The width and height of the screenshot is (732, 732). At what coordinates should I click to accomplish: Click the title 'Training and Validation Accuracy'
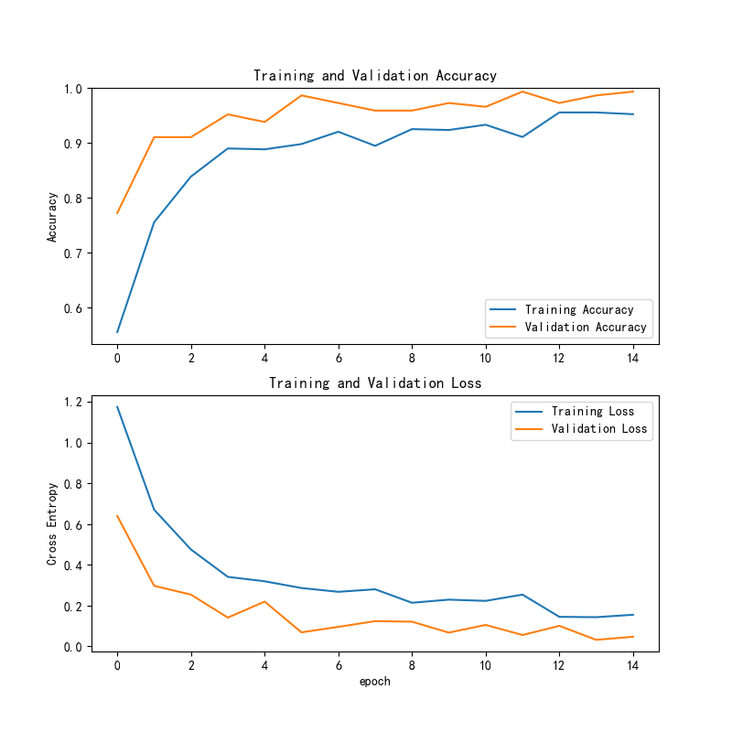(x=375, y=76)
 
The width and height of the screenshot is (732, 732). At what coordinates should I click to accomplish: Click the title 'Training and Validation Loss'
(x=375, y=382)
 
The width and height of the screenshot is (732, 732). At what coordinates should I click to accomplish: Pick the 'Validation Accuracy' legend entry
(x=585, y=327)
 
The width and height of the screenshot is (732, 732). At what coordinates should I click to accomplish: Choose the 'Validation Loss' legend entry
(x=598, y=428)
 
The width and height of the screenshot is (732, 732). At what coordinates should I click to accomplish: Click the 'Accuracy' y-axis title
(x=53, y=216)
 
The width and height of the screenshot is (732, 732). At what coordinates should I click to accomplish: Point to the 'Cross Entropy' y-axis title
(x=53, y=523)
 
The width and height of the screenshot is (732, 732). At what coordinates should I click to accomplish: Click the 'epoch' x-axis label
(x=375, y=682)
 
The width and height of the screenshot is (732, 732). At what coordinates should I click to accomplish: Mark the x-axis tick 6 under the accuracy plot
(x=339, y=358)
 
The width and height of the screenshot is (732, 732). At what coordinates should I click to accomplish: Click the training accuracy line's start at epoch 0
(x=117, y=331)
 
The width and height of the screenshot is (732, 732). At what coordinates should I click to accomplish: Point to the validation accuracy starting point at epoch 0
(x=117, y=213)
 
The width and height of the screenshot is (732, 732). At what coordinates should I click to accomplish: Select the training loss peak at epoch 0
(x=117, y=407)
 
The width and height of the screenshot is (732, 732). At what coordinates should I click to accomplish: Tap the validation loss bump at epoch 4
(x=264, y=601)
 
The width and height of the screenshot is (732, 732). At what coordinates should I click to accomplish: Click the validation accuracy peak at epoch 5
(x=302, y=95)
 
